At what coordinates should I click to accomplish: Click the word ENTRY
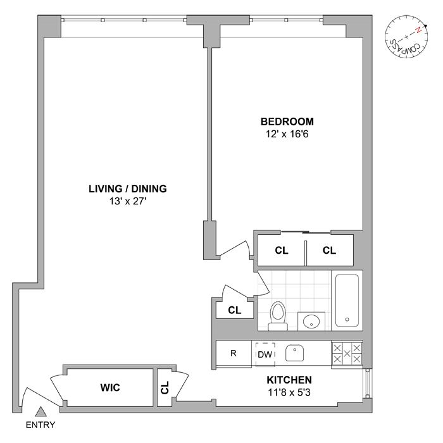40,425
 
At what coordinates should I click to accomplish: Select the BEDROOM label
287,122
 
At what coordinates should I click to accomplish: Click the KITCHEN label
289,380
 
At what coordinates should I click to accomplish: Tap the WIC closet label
109,387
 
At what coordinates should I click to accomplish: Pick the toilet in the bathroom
278,315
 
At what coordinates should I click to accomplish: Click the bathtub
347,300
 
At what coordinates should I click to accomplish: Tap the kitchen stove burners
347,353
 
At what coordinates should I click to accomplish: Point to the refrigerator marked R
234,353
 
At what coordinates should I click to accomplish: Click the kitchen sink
296,353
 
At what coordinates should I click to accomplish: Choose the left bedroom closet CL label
282,251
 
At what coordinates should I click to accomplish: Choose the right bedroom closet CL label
329,251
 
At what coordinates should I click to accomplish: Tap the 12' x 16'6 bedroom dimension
287,134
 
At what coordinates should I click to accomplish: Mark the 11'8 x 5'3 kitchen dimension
289,393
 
